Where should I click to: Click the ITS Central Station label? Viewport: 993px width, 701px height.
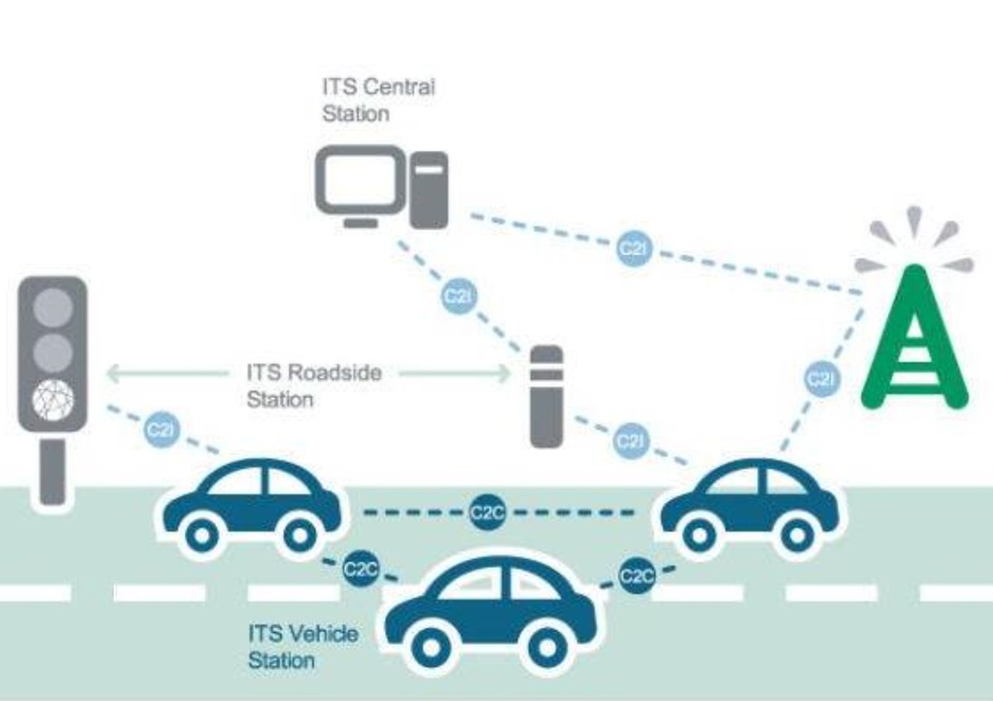pos(378,99)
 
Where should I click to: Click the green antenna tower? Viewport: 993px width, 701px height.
pos(914,339)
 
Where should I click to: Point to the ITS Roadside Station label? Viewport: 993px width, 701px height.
pos(314,385)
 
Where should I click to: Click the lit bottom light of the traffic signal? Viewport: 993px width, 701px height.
pos(52,400)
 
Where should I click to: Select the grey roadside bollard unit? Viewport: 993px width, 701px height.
pos(546,397)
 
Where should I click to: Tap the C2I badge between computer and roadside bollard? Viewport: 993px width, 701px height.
pos(458,296)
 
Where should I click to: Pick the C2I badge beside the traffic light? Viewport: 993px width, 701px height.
pos(161,430)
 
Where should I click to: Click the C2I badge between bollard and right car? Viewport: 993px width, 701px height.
pos(631,441)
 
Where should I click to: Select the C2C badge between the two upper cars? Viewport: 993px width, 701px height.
pos(487,513)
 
